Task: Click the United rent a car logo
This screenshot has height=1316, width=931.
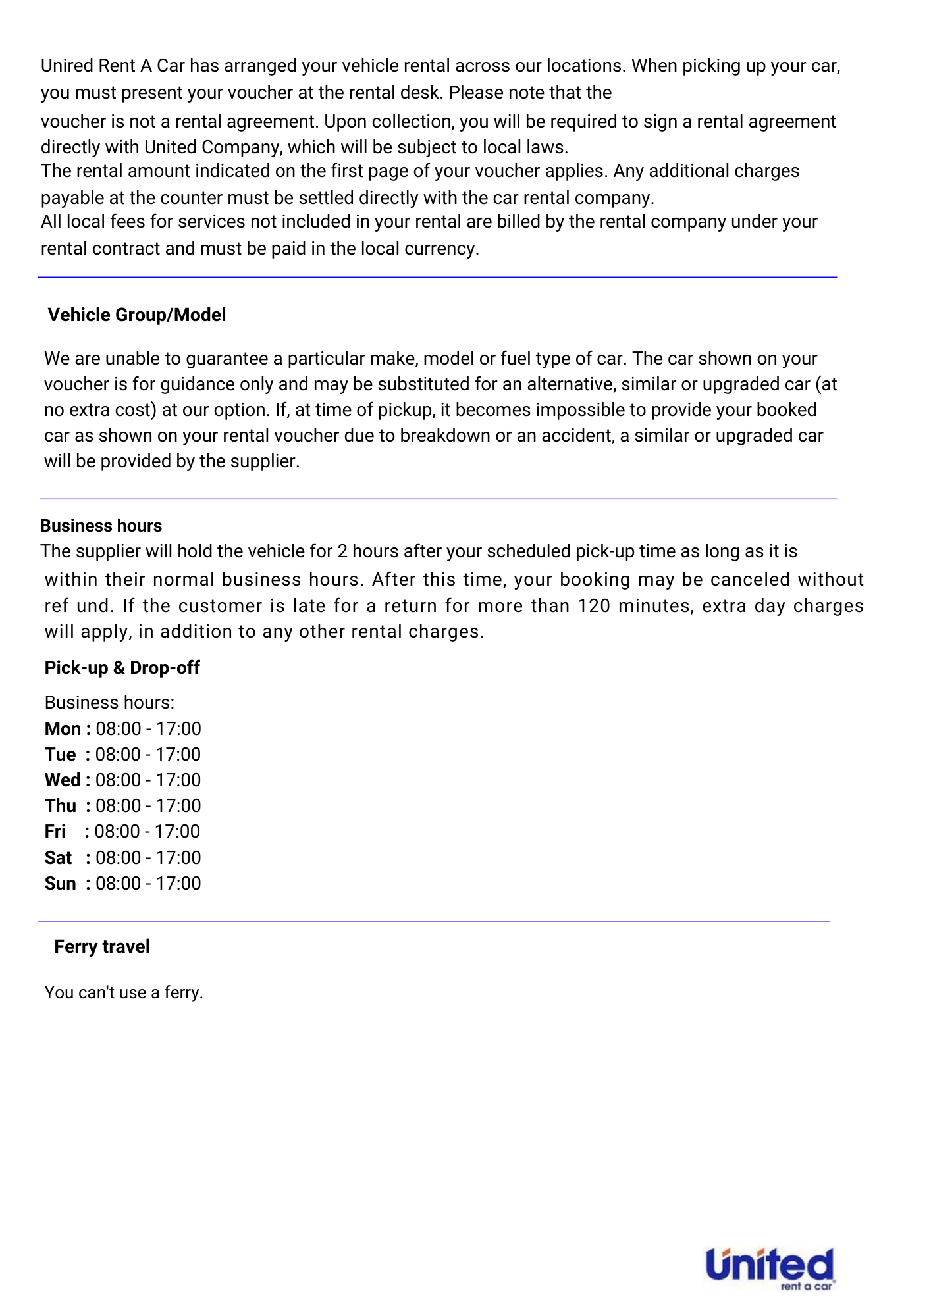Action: click(x=770, y=1268)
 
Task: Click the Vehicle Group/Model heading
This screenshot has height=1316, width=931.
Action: click(x=137, y=315)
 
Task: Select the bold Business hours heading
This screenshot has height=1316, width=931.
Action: click(x=101, y=526)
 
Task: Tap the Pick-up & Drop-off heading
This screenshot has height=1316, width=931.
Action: click(x=122, y=668)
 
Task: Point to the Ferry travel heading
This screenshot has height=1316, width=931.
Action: click(x=102, y=947)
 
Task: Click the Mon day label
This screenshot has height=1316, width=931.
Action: click(x=63, y=729)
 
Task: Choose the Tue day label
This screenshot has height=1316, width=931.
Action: click(x=61, y=755)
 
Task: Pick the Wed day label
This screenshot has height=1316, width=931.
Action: click(x=63, y=780)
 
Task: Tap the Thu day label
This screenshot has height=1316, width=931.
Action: click(x=61, y=806)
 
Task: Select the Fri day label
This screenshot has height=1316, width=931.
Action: click(x=55, y=832)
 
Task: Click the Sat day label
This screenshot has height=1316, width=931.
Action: click(x=59, y=858)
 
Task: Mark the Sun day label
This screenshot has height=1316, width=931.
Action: click(x=61, y=884)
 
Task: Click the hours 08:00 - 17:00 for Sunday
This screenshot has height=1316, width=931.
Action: click(x=148, y=884)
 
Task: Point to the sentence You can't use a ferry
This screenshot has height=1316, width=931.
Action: click(x=124, y=992)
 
